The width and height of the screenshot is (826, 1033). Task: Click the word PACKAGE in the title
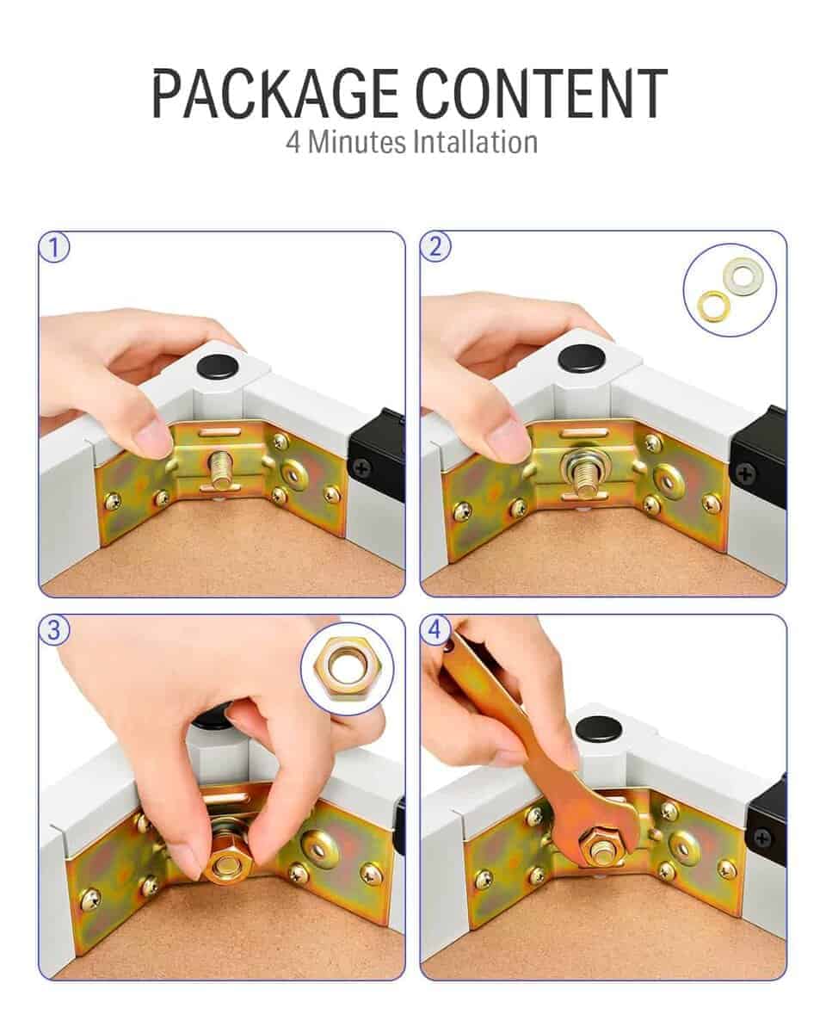click(x=275, y=93)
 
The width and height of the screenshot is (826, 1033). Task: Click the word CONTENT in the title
click(x=541, y=93)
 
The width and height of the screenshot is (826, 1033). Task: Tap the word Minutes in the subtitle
click(x=356, y=143)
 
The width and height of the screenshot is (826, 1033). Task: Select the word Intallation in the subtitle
click(x=475, y=143)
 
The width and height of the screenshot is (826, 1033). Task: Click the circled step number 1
click(x=54, y=247)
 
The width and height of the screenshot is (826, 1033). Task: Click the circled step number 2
click(x=435, y=247)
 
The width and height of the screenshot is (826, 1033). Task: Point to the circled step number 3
click(x=54, y=630)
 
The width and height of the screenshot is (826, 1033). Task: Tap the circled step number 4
click(x=435, y=630)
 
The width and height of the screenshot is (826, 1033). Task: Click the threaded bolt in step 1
click(x=221, y=467)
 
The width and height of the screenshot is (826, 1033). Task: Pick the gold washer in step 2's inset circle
click(x=714, y=306)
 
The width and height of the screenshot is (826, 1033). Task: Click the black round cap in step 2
click(x=582, y=359)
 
